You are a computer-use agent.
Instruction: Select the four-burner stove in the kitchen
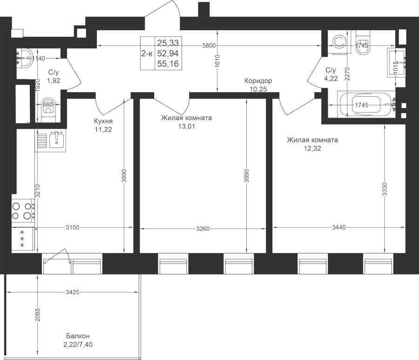click(x=23, y=210)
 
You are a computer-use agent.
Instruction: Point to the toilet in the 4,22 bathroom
click(x=363, y=42)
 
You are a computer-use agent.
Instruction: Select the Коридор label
click(x=259, y=81)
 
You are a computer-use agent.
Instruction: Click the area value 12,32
click(x=312, y=149)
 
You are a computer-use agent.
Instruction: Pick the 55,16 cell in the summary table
click(x=168, y=64)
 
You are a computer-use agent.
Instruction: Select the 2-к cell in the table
click(x=147, y=54)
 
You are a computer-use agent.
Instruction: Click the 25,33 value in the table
click(x=168, y=43)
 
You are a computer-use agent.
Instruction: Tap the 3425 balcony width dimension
click(x=73, y=292)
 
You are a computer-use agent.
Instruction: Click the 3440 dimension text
click(x=338, y=227)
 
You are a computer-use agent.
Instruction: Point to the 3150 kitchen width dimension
click(x=73, y=227)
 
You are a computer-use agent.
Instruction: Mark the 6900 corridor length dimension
click(x=209, y=46)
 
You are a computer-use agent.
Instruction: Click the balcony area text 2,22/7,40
click(x=77, y=344)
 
